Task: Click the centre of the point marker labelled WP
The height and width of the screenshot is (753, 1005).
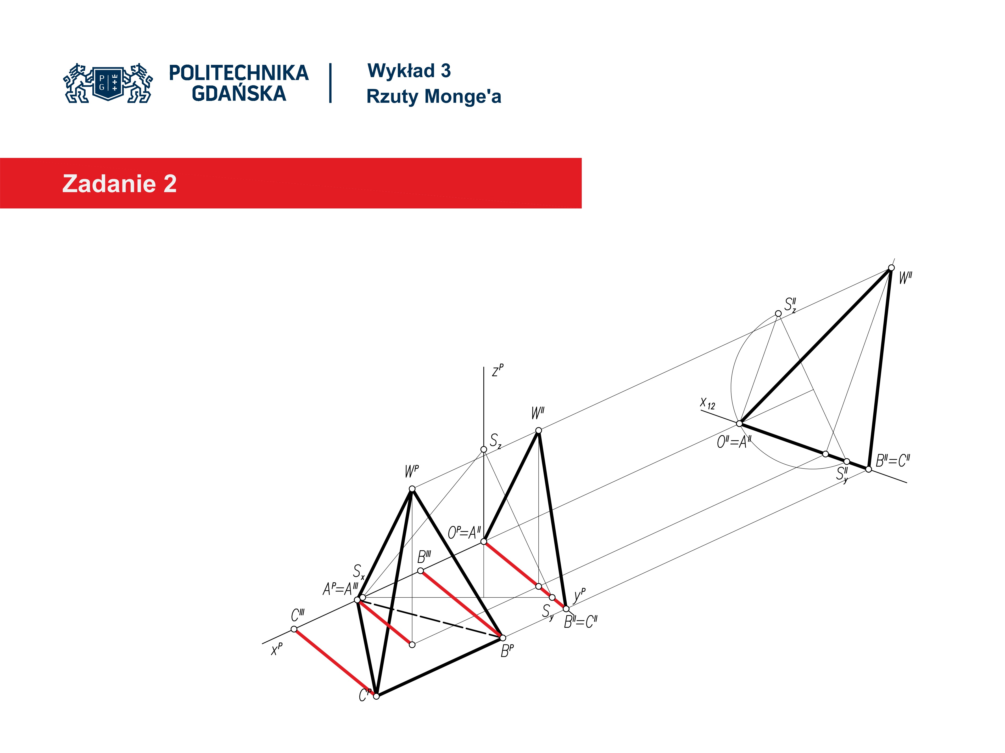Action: click(412, 489)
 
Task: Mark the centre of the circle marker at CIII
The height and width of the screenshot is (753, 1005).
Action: click(294, 629)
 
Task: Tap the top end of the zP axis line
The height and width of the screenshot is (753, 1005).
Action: click(484, 367)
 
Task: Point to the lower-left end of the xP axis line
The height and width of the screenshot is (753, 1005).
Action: click(263, 644)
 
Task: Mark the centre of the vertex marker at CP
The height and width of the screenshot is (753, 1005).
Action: click(376, 696)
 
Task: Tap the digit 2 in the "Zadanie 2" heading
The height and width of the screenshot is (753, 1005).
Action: click(170, 184)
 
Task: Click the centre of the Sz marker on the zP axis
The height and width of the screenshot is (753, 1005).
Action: click(484, 449)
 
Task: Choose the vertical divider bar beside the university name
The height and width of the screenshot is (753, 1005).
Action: click(330, 83)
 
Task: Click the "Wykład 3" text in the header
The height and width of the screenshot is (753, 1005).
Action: click(409, 71)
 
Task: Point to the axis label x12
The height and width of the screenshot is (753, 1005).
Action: click(707, 403)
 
